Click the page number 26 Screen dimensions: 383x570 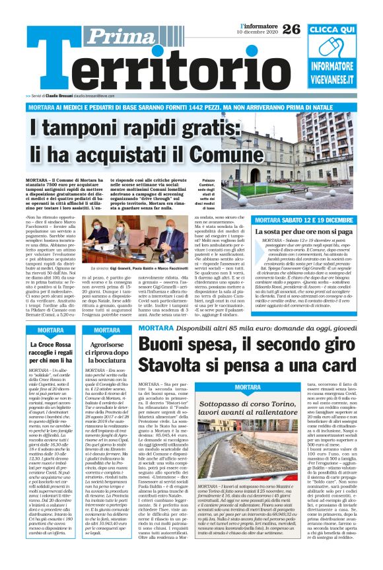pos(291,28)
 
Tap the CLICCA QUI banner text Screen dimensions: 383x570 pos(341,30)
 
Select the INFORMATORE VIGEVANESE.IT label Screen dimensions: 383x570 pos(341,72)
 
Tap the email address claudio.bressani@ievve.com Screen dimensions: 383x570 pos(99,96)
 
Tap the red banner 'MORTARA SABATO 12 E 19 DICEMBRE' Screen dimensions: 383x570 pos(303,220)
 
